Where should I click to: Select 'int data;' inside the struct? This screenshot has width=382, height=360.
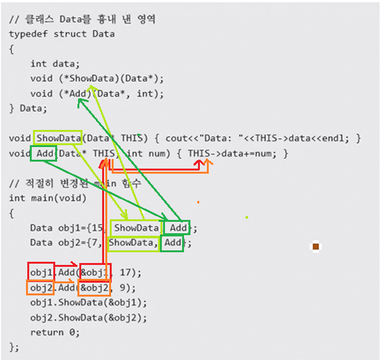click(55, 63)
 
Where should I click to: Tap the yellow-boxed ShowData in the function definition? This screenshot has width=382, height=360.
click(58, 138)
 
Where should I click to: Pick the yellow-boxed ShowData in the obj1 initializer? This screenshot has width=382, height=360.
click(136, 228)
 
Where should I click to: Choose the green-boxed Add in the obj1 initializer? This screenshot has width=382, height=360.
click(178, 228)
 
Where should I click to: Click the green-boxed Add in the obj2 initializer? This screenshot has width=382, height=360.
click(172, 243)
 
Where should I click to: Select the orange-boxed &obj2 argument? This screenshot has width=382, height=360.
click(95, 287)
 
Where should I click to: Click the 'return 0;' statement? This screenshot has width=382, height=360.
click(55, 332)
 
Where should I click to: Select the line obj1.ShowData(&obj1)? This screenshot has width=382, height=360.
click(79, 302)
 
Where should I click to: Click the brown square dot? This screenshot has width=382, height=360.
click(315, 247)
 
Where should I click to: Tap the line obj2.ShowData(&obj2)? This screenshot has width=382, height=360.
click(79, 317)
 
